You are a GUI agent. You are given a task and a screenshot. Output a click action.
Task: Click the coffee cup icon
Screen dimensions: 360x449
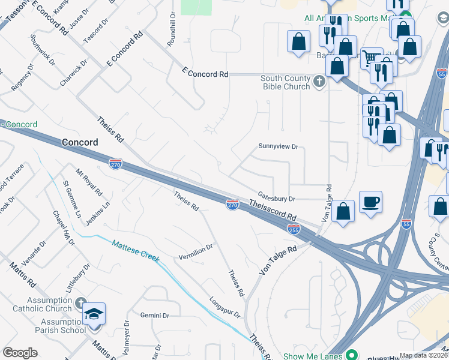[370, 202]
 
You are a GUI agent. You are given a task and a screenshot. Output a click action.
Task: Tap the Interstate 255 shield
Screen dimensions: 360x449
[294, 229]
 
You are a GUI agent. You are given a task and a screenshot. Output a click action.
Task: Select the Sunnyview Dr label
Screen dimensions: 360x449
[278, 146]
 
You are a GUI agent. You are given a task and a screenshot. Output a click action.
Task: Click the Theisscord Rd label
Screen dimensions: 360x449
[273, 211]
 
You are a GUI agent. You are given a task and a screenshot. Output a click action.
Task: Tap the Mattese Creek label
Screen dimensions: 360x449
[136, 251]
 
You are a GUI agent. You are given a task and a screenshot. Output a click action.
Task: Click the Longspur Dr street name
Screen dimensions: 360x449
[224, 307]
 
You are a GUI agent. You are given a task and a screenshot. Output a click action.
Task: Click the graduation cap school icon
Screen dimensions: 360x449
[94, 314]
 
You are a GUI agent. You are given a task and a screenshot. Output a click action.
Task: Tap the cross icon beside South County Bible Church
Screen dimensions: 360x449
[319, 81]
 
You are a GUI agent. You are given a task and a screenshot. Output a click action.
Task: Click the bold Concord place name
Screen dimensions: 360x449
[80, 142]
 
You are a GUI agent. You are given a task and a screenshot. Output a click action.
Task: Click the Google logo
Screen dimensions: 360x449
[20, 353]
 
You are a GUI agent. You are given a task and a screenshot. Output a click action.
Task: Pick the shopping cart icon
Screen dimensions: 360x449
[372, 58]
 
